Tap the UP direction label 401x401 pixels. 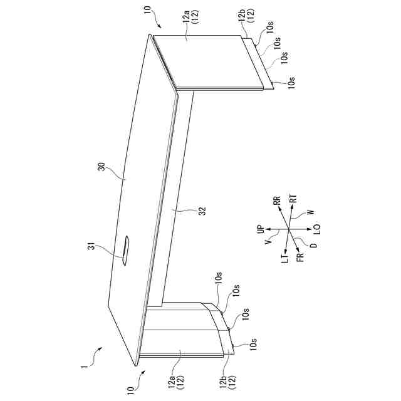coord(261,230)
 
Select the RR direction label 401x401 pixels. coord(276,200)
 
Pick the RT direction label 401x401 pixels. coord(294,199)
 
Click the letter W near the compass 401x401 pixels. coord(310,214)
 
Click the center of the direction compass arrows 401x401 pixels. coord(289,229)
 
